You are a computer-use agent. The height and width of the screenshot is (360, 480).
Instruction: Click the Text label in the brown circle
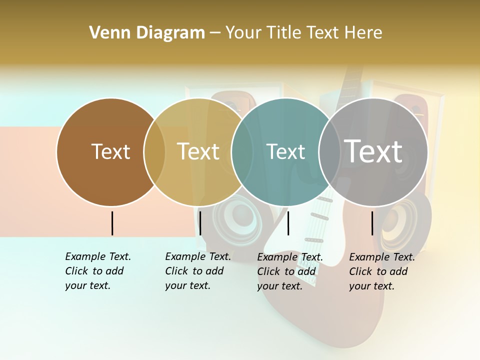(x=110, y=151)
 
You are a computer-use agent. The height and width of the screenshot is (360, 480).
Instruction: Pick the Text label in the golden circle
(x=198, y=151)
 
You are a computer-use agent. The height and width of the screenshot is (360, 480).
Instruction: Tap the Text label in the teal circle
(x=286, y=151)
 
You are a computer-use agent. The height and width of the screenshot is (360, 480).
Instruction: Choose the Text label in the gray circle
(x=373, y=151)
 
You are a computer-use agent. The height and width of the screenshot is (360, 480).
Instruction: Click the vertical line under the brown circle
(x=112, y=223)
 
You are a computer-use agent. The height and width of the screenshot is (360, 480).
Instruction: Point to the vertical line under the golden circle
(x=200, y=223)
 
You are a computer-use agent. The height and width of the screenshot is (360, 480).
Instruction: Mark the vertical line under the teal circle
(x=288, y=223)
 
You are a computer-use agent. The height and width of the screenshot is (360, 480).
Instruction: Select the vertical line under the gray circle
(x=372, y=223)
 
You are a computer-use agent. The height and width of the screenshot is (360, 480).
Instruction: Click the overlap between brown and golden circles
(x=154, y=152)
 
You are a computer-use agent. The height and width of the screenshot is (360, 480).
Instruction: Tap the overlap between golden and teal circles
(x=242, y=152)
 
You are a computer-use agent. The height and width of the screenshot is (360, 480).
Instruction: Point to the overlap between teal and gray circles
(x=329, y=152)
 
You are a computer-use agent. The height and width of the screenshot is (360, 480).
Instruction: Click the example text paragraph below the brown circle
(x=97, y=271)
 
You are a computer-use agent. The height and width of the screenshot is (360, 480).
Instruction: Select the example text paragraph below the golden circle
(x=197, y=271)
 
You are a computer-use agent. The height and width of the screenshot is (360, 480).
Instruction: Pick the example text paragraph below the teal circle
(x=289, y=271)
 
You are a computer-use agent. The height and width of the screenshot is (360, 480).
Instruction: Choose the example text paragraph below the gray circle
(x=381, y=271)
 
